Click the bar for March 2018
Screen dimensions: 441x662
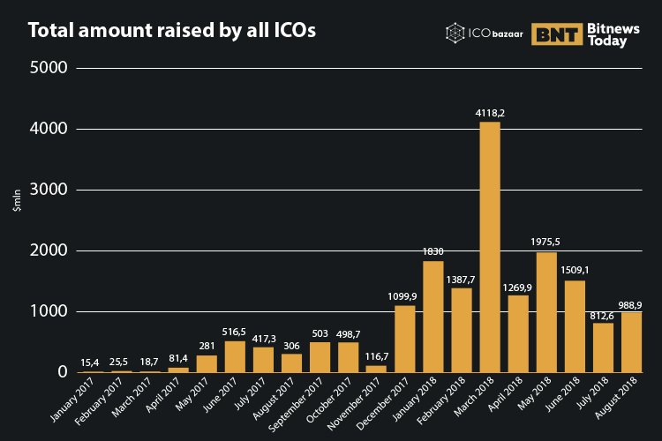point(490,247)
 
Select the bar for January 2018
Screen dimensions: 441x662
point(433,317)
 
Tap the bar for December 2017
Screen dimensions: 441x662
point(405,339)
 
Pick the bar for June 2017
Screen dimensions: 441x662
point(235,356)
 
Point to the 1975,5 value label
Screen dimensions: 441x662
point(546,243)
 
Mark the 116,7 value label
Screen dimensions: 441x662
point(377,356)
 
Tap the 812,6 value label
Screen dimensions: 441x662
point(604,314)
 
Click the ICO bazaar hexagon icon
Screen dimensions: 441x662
point(455,34)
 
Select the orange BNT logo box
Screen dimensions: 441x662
point(557,34)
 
